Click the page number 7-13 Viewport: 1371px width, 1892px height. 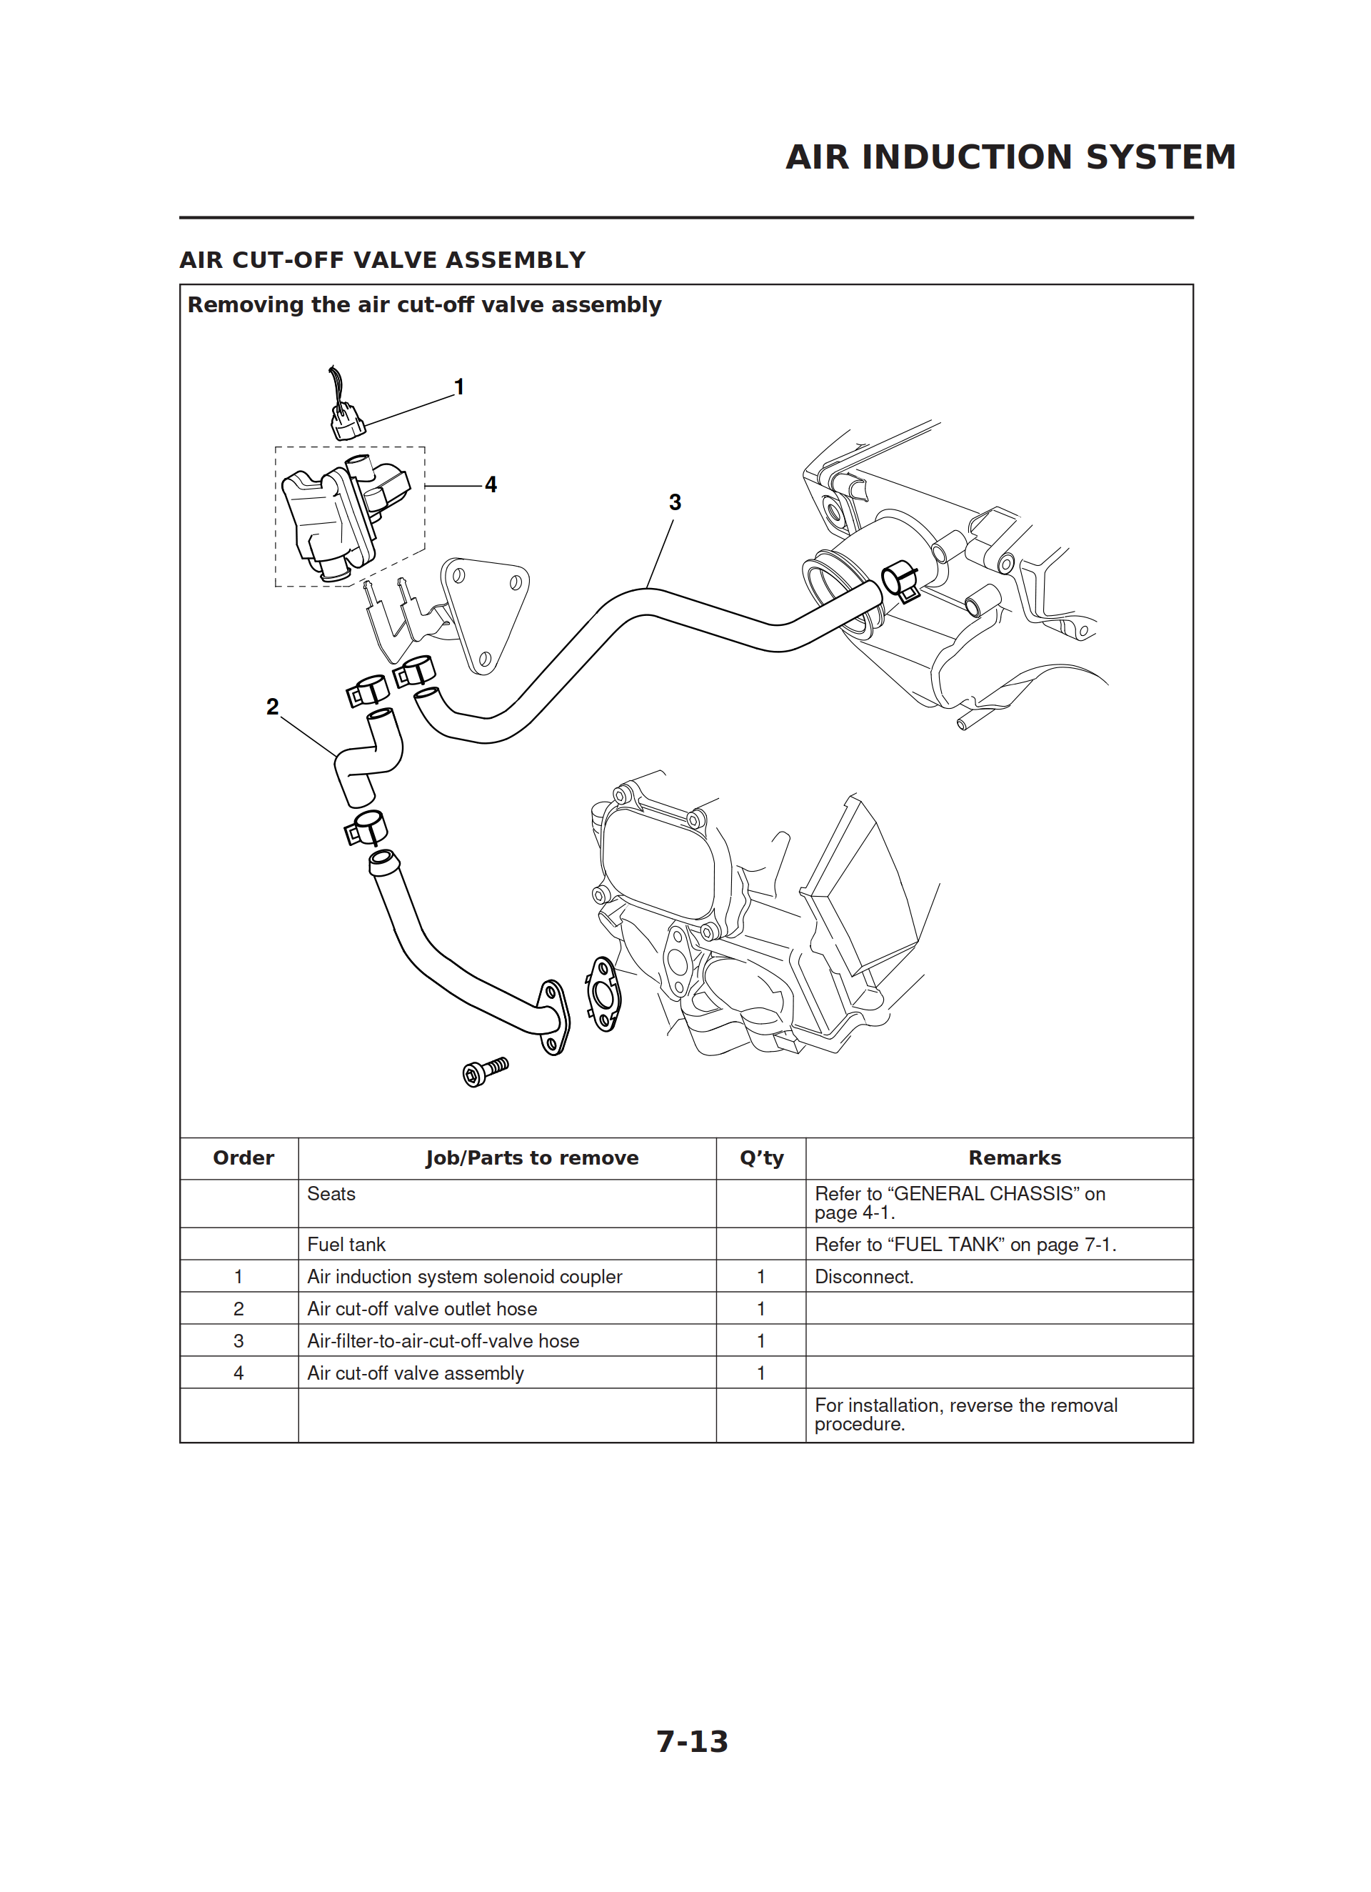[691, 1741]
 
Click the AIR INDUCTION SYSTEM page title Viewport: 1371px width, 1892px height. [1010, 156]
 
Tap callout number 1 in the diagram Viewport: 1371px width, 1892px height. [458, 387]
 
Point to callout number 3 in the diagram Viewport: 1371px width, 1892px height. [675, 502]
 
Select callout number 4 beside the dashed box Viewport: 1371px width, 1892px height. [491, 484]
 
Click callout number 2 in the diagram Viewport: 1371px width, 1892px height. [272, 707]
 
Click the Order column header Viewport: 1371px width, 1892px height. [243, 1158]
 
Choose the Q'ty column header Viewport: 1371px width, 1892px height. [760, 1158]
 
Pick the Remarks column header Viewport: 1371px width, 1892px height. [1014, 1158]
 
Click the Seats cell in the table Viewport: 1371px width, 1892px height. [331, 1194]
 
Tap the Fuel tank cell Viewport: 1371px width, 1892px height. [346, 1245]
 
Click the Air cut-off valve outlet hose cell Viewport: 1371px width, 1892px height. [422, 1309]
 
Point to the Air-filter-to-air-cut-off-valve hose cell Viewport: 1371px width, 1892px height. [443, 1340]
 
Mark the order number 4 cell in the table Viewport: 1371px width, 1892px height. [238, 1373]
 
